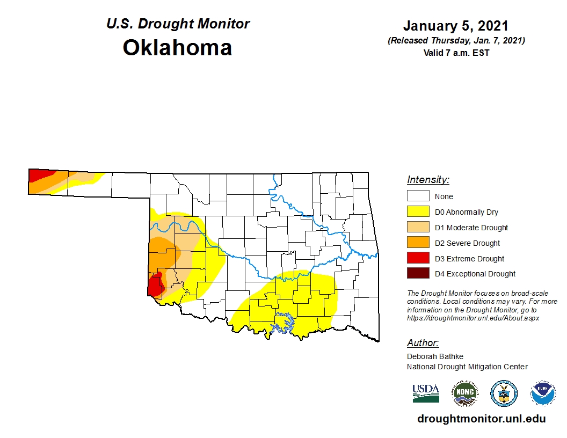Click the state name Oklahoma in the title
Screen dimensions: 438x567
pyautogui.click(x=177, y=48)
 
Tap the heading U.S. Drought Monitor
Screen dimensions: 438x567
pyautogui.click(x=178, y=24)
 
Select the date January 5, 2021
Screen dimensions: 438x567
pyautogui.click(x=455, y=26)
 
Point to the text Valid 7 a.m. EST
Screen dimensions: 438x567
pyautogui.click(x=456, y=53)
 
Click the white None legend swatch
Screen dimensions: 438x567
pyautogui.click(x=418, y=196)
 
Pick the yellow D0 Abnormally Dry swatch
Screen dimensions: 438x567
pyautogui.click(x=418, y=212)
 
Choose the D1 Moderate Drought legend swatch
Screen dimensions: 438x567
pyautogui.click(x=418, y=228)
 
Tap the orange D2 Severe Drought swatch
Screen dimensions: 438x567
pyautogui.click(x=418, y=243)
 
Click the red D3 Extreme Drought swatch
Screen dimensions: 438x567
pyautogui.click(x=418, y=259)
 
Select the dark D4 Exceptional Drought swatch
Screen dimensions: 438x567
pyautogui.click(x=418, y=274)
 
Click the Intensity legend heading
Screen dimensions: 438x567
pyautogui.click(x=428, y=180)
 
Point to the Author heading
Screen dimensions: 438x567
pyautogui.click(x=423, y=343)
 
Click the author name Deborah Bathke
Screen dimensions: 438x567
pyautogui.click(x=434, y=356)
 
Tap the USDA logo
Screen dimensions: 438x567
pyautogui.click(x=426, y=393)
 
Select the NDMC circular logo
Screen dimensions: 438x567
pyautogui.click(x=464, y=393)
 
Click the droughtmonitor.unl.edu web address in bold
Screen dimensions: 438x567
pyautogui.click(x=481, y=419)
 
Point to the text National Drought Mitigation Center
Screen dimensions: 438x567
pyautogui.click(x=467, y=367)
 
